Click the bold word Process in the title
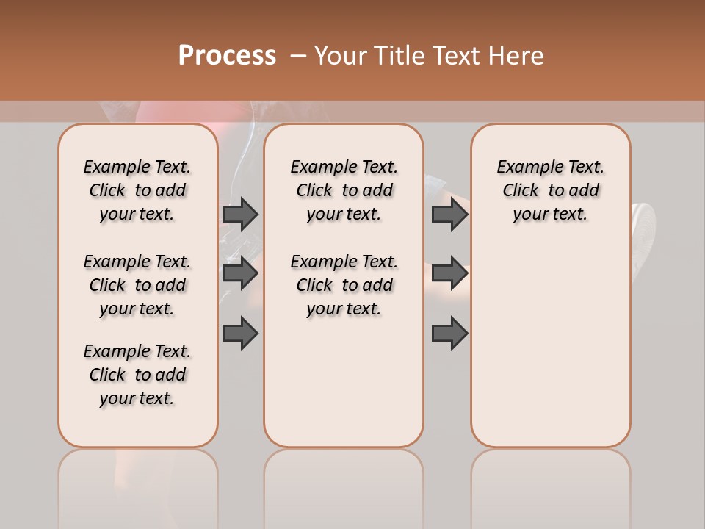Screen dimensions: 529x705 [227, 56]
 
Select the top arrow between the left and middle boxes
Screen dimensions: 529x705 [240, 214]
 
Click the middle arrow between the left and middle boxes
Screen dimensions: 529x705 [240, 273]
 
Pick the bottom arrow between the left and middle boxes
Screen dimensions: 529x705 [240, 334]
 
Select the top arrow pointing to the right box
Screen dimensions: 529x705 [449, 214]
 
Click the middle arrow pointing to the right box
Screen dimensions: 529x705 [449, 273]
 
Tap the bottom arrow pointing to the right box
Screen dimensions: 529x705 [449, 334]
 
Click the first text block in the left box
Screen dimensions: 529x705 [137, 190]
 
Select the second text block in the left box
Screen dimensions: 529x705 [137, 285]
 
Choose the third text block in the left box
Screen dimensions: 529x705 [137, 375]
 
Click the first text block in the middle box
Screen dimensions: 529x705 [344, 190]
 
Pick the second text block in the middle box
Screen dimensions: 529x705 [344, 285]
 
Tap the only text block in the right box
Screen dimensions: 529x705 [551, 190]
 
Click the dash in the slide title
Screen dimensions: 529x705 [298, 56]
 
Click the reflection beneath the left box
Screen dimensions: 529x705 [138, 485]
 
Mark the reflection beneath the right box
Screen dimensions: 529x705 [551, 485]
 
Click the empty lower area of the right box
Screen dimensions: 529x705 [551, 353]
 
